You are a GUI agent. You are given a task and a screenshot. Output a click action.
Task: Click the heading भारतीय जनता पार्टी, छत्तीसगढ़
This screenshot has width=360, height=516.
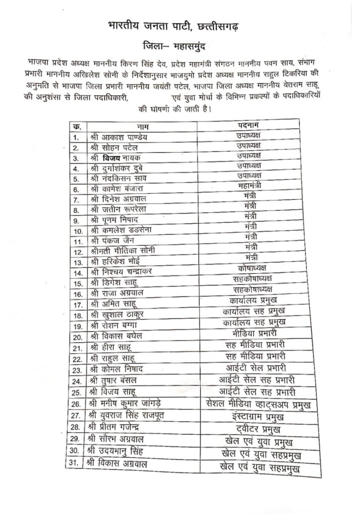point(180,26)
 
